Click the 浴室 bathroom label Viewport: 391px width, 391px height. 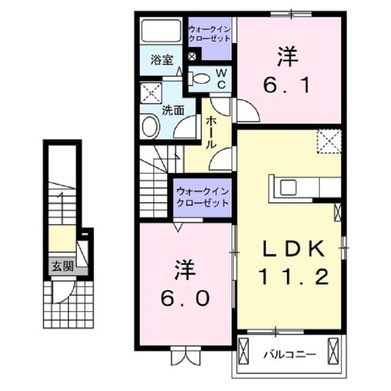click(162, 60)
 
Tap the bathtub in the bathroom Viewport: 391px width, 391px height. click(161, 31)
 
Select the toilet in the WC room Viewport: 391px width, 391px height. click(200, 78)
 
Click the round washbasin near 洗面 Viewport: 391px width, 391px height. click(150, 127)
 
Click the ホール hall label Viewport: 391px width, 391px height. click(210, 132)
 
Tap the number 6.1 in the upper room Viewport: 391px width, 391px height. click(287, 86)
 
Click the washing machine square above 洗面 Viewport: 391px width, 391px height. click(150, 93)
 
